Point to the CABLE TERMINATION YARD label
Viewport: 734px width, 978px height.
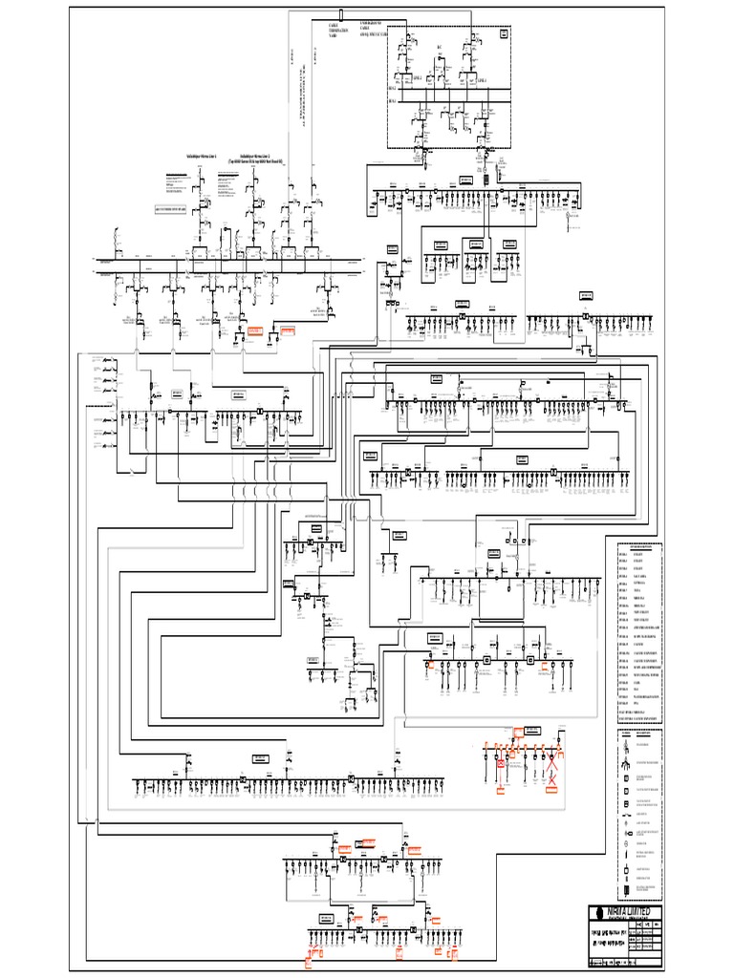(334, 30)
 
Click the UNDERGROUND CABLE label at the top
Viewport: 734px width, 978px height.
(373, 27)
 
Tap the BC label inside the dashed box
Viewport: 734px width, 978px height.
(441, 47)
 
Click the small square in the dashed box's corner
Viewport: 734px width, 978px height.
(504, 34)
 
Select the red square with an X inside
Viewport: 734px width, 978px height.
(500, 764)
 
